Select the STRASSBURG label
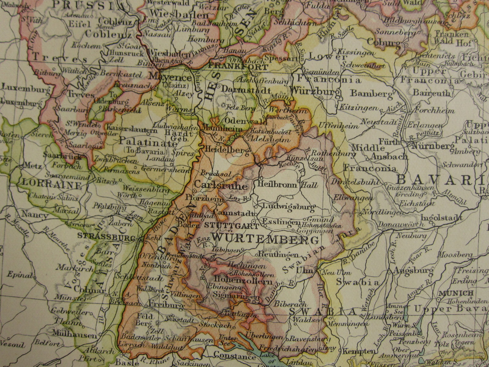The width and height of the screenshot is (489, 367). (x=107, y=236)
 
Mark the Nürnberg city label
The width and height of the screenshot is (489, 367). (x=433, y=146)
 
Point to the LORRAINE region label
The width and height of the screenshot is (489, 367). (x=52, y=185)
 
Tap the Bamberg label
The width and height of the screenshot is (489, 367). (x=372, y=93)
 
